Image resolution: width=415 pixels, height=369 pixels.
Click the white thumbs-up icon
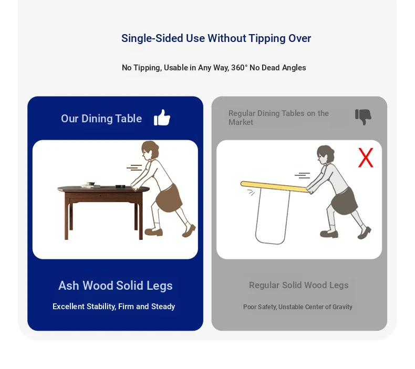pyautogui.click(x=162, y=118)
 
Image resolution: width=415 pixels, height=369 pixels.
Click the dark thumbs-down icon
pyautogui.click(x=363, y=117)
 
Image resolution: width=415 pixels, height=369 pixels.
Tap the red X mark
pyautogui.click(x=366, y=157)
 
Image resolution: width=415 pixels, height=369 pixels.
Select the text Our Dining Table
pyautogui.click(x=101, y=119)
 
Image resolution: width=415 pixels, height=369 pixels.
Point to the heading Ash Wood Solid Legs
pyautogui.click(x=116, y=286)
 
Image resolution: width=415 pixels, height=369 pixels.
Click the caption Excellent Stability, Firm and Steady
pyautogui.click(x=114, y=307)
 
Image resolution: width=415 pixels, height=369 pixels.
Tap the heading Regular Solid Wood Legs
pyautogui.click(x=298, y=285)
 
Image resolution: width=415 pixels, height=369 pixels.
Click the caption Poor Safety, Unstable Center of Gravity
pyautogui.click(x=298, y=307)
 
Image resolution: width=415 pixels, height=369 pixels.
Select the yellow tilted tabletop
pyautogui.click(x=274, y=187)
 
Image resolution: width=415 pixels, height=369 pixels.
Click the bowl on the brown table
pyautogui.click(x=90, y=184)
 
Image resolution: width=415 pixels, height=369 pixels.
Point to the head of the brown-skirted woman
pyautogui.click(x=150, y=150)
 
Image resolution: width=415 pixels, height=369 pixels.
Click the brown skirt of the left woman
pyautogui.click(x=169, y=198)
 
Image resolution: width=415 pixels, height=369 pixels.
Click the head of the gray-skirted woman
pyautogui.click(x=325, y=155)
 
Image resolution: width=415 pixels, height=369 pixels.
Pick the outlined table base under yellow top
pyautogui.click(x=273, y=216)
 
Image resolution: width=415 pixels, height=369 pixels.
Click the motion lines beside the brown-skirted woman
pyautogui.click(x=134, y=167)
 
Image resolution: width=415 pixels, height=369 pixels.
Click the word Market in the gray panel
pyautogui.click(x=241, y=122)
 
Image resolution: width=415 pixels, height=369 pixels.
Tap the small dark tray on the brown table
pyautogui.click(x=120, y=186)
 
